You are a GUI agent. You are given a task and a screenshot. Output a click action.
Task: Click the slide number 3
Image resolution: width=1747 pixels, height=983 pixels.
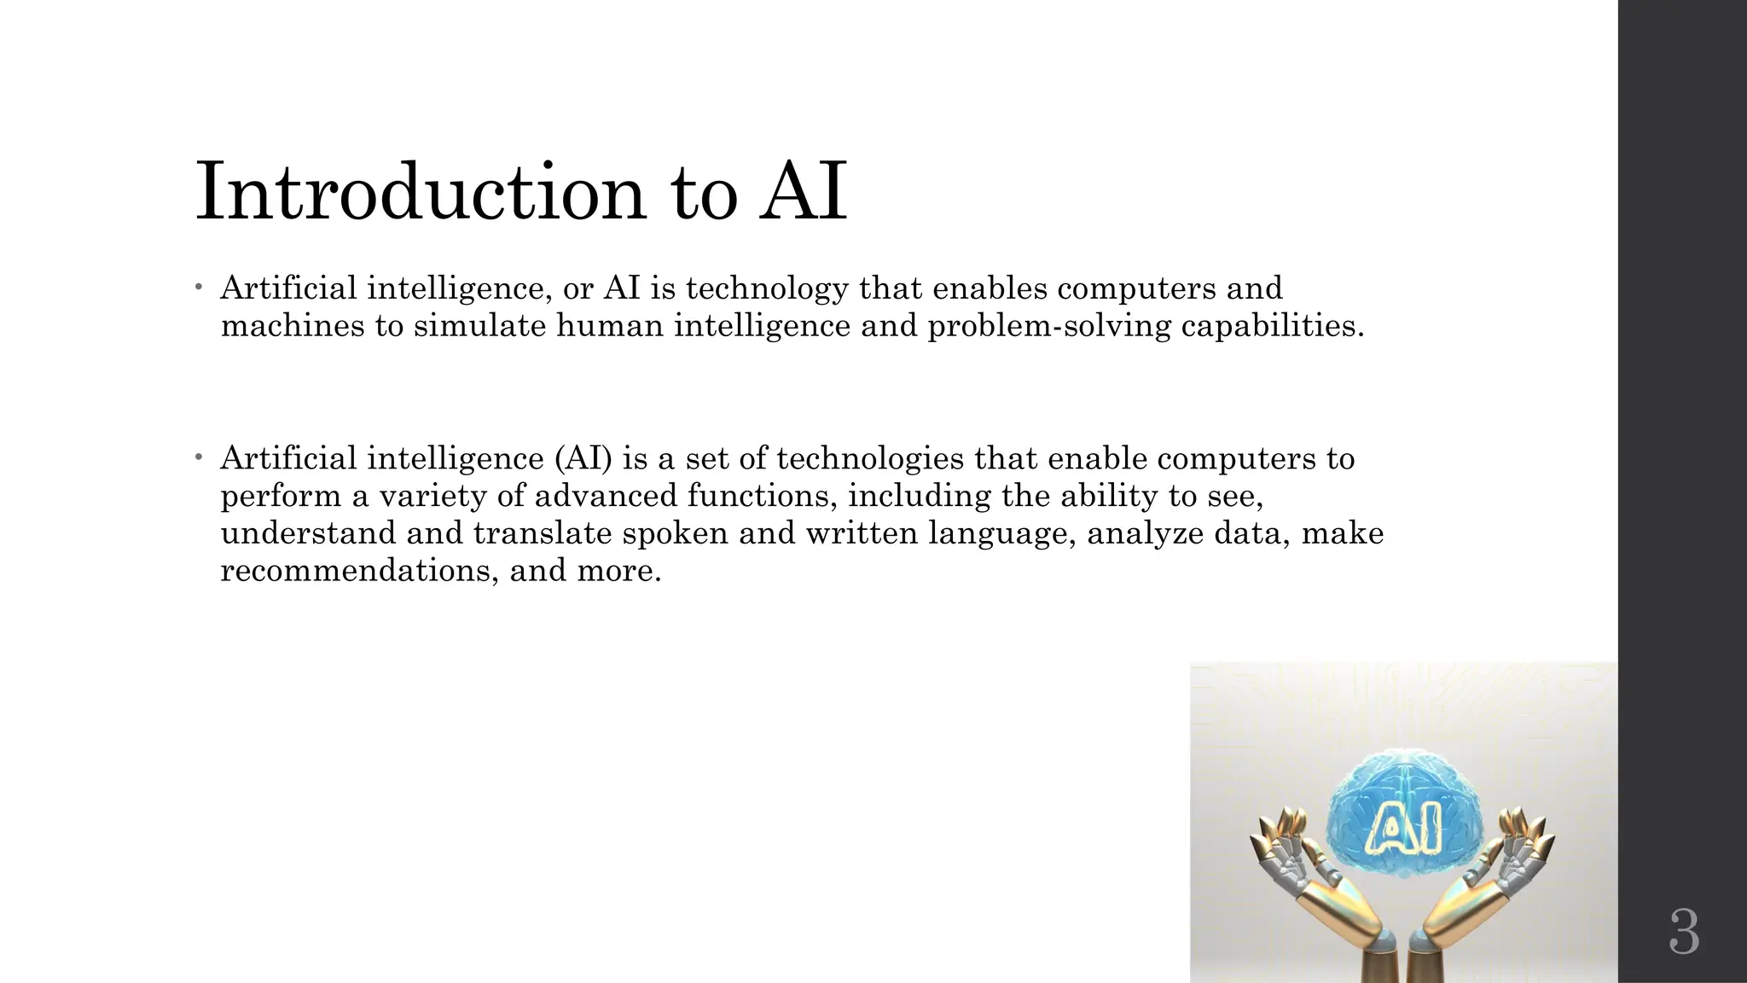1684,933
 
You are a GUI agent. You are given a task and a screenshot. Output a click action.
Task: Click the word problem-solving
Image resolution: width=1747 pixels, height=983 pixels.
1049,325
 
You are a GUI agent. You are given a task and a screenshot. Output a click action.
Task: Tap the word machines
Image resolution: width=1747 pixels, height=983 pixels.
293,325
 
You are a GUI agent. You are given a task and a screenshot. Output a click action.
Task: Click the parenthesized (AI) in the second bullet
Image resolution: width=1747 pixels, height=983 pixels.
583,459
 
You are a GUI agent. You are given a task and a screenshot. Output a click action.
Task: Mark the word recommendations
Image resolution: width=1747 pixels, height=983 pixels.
358,570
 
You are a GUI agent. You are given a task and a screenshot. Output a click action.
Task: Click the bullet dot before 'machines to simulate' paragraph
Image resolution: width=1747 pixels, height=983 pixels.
198,288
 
